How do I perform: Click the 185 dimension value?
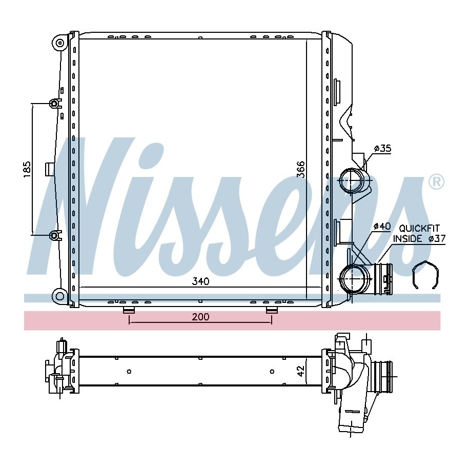[27, 169]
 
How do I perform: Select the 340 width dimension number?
[201, 281]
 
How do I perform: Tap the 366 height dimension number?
[300, 169]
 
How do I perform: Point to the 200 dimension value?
[200, 317]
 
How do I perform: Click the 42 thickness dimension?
[301, 371]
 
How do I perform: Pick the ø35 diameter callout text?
[382, 148]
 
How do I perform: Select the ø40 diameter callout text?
[382, 227]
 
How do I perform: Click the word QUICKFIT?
[419, 229]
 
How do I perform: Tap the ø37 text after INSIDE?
[437, 239]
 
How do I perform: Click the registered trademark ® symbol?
[436, 181]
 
